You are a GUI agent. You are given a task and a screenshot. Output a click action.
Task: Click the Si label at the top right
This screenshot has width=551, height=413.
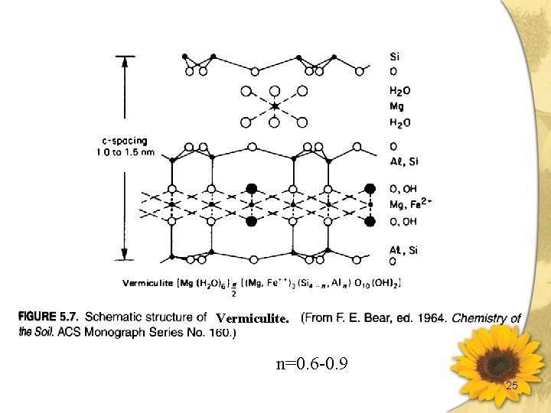395,57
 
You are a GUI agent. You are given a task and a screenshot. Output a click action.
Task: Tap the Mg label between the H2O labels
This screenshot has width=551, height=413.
396,106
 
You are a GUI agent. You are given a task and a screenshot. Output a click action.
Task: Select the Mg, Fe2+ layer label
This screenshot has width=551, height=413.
410,204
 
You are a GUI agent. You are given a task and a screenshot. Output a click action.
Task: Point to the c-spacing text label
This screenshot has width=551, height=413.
124,141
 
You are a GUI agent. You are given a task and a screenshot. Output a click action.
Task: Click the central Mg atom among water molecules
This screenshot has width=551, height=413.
275,106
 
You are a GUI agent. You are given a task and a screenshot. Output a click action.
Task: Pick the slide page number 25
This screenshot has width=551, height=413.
512,386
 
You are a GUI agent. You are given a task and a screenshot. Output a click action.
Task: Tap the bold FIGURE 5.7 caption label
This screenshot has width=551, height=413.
49,317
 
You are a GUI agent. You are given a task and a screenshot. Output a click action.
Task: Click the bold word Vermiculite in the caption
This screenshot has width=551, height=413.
252,319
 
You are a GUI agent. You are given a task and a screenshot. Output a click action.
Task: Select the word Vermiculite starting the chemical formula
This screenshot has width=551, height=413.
148,283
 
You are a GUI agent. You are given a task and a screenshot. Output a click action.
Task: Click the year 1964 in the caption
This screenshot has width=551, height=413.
431,317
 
